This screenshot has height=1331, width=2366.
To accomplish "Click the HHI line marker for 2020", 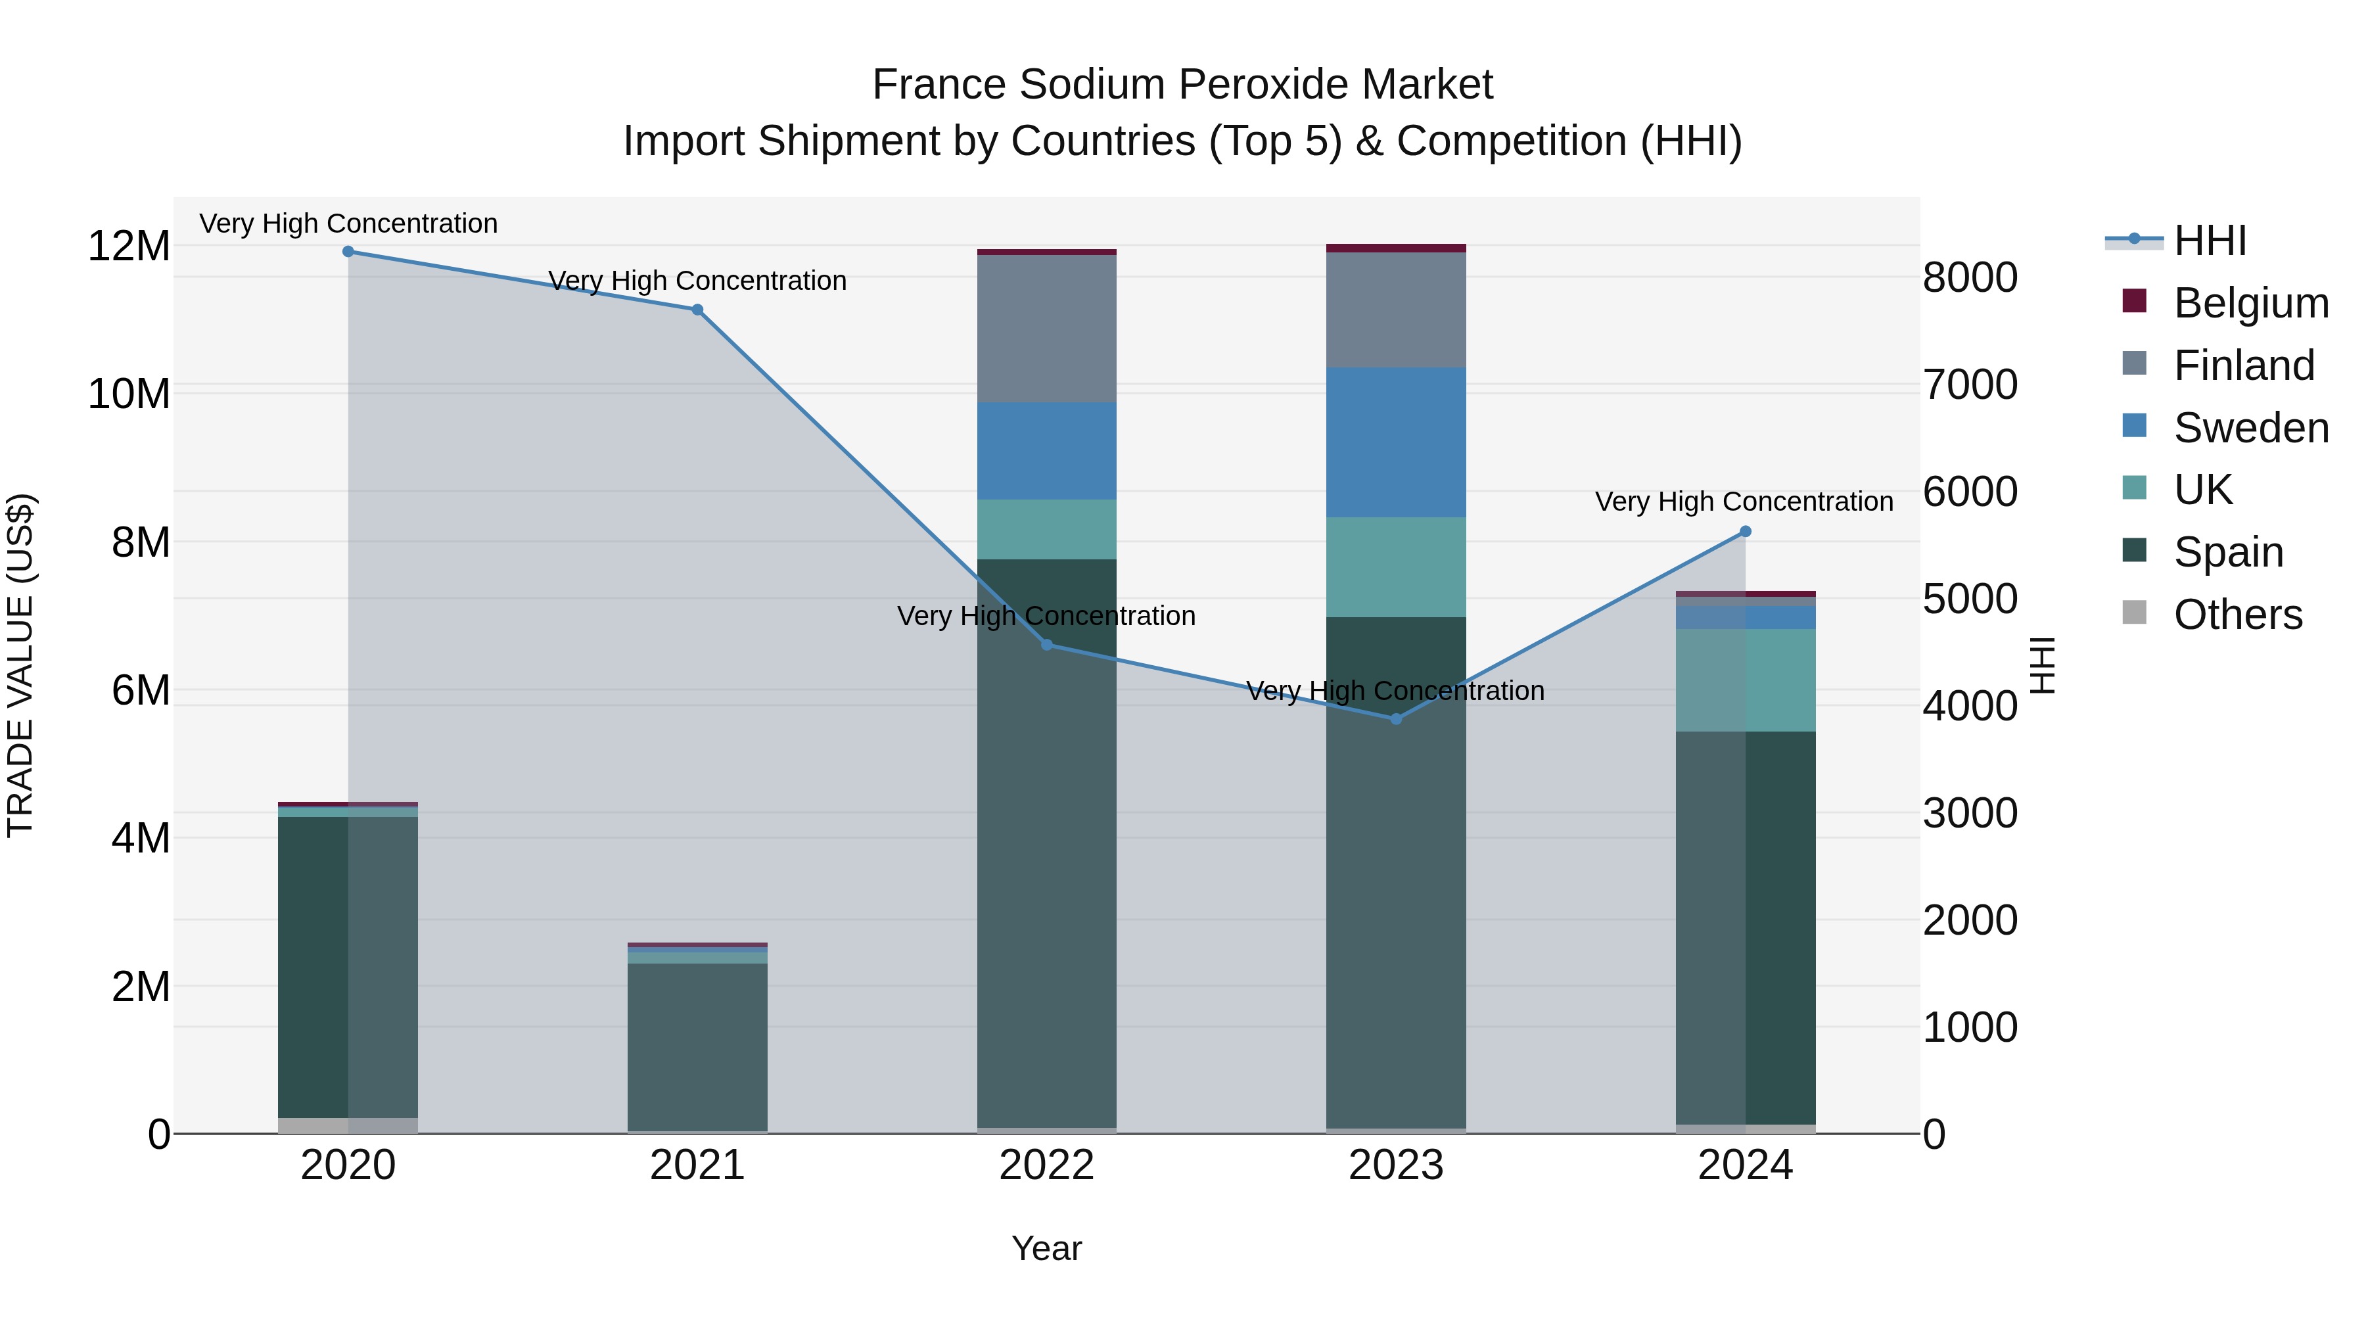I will coord(348,252).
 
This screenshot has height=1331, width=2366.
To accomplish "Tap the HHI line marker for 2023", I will coord(1396,719).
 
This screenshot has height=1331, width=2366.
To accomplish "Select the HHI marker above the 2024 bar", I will coord(1745,532).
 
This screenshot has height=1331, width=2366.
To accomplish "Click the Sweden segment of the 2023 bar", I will coord(1396,443).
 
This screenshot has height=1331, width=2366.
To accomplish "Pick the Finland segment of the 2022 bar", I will coord(1046,329).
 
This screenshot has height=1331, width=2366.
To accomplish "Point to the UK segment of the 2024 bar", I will coord(1745,681).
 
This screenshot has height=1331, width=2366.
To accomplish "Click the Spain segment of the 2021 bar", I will coord(697,1047).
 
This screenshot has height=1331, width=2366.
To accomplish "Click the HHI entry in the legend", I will coord(2210,241).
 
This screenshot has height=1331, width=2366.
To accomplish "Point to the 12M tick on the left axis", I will coord(129,246).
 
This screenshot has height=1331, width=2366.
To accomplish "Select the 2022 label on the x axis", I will coord(1046,1165).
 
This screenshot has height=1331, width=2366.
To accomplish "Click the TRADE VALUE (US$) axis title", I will coord(21,665).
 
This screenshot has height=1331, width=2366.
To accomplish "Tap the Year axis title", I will coord(1046,1248).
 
